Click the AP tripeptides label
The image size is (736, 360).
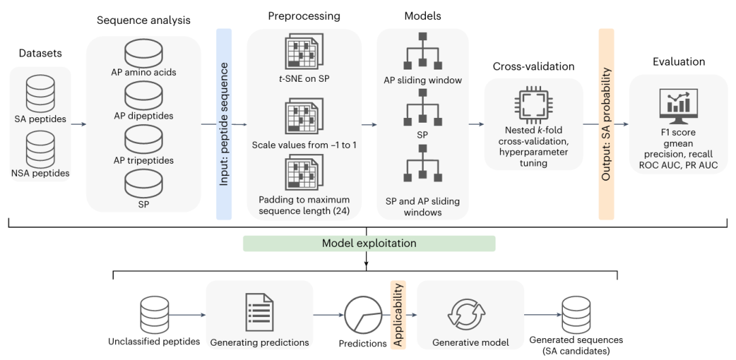(143, 160)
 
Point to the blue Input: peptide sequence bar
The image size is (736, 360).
(224, 124)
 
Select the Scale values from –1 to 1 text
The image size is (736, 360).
(304, 145)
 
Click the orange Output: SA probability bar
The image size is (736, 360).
(607, 124)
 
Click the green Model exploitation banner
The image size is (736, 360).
(369, 243)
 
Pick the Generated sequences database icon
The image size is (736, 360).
(576, 314)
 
